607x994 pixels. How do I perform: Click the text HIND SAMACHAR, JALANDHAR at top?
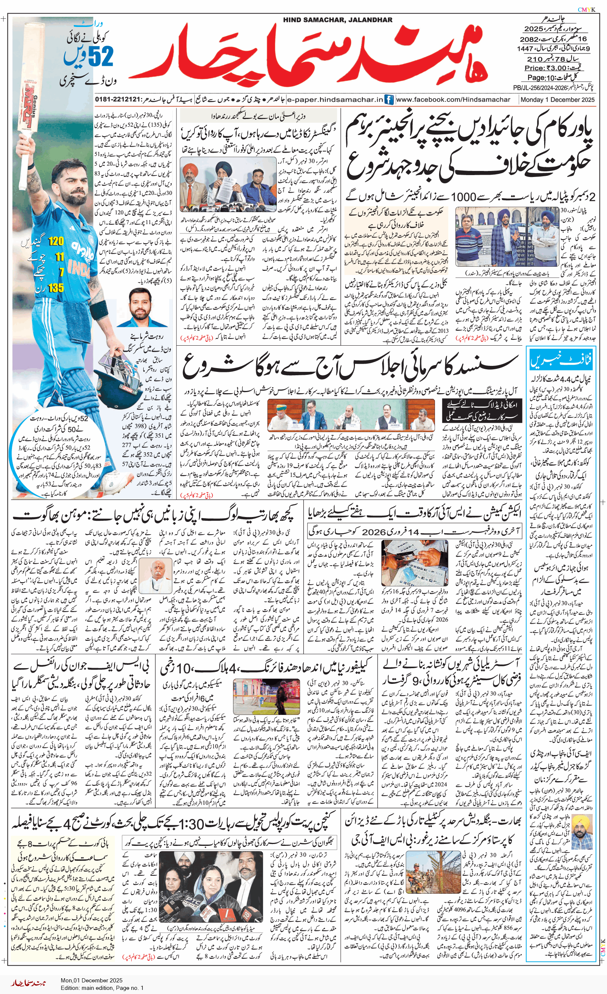tap(337, 20)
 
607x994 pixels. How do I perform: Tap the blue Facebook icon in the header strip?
tap(389, 100)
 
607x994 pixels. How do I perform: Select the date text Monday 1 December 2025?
tap(557, 100)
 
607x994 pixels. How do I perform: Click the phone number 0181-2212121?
tap(117, 100)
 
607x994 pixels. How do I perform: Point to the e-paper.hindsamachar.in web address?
tap(335, 100)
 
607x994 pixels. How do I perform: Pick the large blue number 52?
tap(100, 56)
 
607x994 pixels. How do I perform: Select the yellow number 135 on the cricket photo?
tap(56, 288)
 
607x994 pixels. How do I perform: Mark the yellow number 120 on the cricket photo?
tap(56, 242)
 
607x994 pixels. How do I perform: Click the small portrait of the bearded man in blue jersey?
tap(148, 308)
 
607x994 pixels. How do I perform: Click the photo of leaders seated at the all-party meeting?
tap(350, 415)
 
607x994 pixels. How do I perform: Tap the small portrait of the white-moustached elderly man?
tap(156, 576)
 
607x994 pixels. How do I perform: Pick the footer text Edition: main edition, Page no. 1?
tap(102, 988)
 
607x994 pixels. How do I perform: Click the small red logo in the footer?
tap(28, 983)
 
